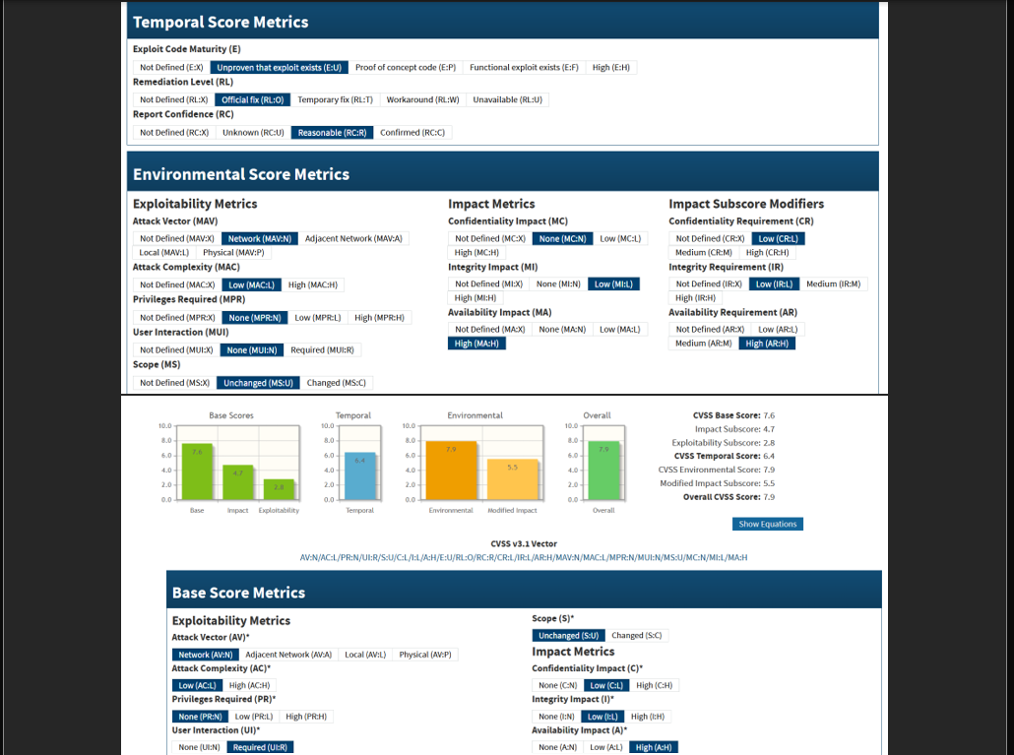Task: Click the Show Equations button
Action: point(768,524)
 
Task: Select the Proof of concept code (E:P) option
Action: point(406,68)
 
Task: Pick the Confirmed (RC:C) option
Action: point(412,133)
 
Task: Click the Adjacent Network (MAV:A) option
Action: point(353,238)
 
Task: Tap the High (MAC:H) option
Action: point(312,284)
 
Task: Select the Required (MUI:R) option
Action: point(322,349)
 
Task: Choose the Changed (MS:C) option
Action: point(337,383)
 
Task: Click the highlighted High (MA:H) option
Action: point(475,344)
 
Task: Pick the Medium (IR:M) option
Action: point(834,283)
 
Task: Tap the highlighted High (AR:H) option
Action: point(768,344)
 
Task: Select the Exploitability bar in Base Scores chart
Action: point(279,489)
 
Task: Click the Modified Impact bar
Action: point(513,479)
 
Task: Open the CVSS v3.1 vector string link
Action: point(523,558)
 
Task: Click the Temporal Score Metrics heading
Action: point(221,22)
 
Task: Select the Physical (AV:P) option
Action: point(425,655)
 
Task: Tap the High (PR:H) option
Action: point(306,717)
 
